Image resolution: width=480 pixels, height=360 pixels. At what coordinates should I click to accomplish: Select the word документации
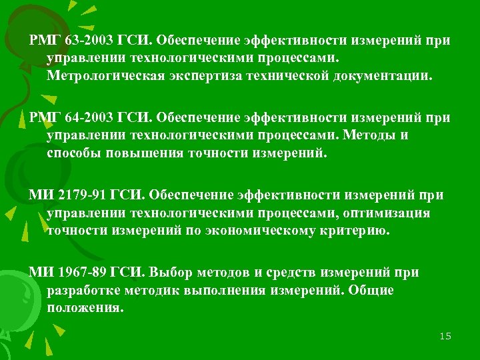pos(384,76)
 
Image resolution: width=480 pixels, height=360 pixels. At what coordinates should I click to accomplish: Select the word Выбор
pos(171,273)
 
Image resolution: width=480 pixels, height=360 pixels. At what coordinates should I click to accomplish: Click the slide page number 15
pos(445,336)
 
